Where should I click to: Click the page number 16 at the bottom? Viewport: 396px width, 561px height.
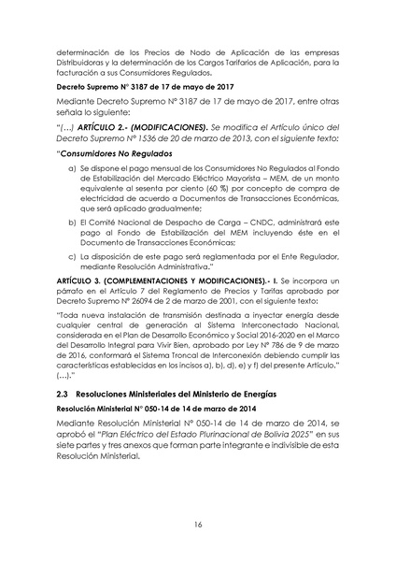click(198, 525)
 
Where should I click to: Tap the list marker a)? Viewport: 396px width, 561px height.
click(73, 167)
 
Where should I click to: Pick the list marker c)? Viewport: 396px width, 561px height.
click(73, 255)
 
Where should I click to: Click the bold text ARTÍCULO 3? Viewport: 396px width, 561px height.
click(82, 280)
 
